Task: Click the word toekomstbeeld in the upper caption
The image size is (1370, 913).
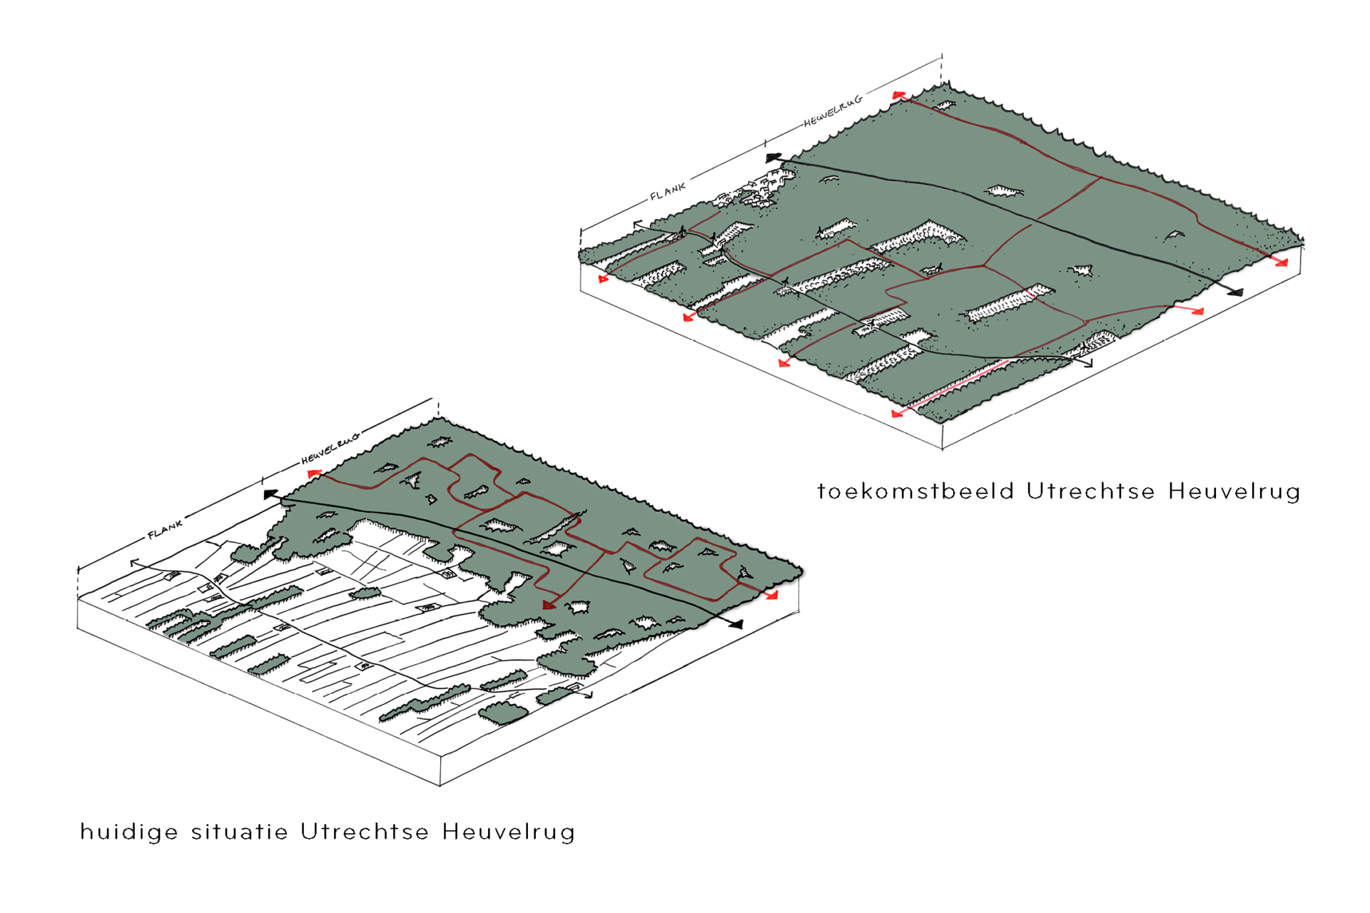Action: coord(915,491)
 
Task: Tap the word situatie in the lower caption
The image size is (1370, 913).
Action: coord(240,832)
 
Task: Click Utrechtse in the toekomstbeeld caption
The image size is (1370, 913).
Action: coord(1091,491)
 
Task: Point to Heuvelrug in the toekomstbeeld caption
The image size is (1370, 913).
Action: coord(1234,492)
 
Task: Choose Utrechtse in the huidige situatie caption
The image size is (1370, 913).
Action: coord(365,832)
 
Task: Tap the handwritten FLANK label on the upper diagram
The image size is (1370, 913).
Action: coord(668,190)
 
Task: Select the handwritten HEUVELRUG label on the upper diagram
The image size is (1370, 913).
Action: coord(833,111)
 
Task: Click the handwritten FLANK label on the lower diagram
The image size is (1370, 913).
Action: coord(166,529)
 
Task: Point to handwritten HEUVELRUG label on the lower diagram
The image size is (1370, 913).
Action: coord(330,449)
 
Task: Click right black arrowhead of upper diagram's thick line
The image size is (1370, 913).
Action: coord(1235,291)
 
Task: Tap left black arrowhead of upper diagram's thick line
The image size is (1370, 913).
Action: coord(773,158)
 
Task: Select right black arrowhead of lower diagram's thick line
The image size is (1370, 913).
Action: coord(735,624)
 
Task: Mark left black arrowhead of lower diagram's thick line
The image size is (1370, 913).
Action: coord(271,494)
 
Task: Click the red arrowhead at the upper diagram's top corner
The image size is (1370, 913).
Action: coord(899,94)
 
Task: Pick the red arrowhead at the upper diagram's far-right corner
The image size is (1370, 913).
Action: coord(1282,262)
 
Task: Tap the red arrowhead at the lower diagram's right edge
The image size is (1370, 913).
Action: coord(772,594)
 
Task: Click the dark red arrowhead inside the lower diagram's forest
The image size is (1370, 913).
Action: coord(549,605)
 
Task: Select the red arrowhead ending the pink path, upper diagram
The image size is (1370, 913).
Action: coord(898,413)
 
